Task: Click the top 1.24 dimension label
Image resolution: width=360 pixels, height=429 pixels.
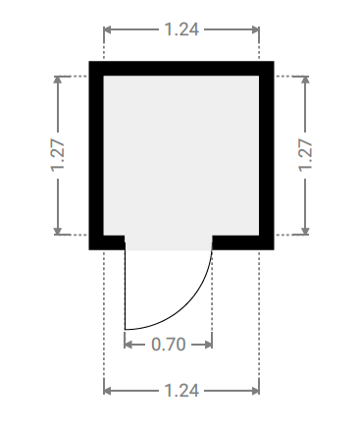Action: click(x=181, y=29)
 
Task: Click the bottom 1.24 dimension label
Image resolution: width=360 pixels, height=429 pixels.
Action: click(x=181, y=391)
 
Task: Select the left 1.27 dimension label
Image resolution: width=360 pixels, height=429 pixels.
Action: click(x=58, y=155)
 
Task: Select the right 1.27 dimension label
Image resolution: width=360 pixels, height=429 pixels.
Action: click(x=305, y=155)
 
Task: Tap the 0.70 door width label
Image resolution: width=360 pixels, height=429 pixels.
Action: click(x=169, y=345)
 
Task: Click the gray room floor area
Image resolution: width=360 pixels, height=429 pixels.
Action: click(x=181, y=155)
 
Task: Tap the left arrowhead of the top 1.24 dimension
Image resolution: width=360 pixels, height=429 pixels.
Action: click(x=108, y=29)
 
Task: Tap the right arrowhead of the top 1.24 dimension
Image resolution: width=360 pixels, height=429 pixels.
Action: click(x=255, y=29)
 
